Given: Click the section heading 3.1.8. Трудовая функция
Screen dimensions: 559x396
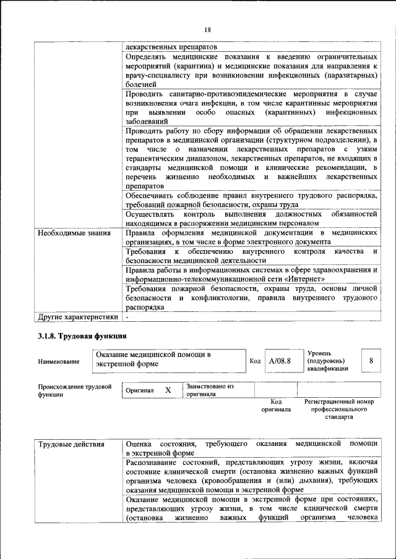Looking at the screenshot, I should [x=79, y=337].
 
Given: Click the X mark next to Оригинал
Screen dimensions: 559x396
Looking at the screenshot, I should [x=168, y=390].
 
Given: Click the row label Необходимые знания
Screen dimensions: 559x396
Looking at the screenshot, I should [x=74, y=233].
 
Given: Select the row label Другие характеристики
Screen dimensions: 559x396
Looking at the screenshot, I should [x=77, y=317].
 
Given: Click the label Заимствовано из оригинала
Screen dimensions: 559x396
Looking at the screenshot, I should [x=210, y=390].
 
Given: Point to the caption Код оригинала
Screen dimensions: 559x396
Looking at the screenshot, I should [x=275, y=405].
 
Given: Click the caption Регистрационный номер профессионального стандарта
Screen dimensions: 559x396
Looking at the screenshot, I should [x=339, y=409].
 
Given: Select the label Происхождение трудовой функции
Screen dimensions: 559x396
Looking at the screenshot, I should [x=74, y=390].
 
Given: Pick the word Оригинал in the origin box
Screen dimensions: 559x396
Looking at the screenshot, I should [x=139, y=391].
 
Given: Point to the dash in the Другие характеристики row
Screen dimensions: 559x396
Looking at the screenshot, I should [x=127, y=317].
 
